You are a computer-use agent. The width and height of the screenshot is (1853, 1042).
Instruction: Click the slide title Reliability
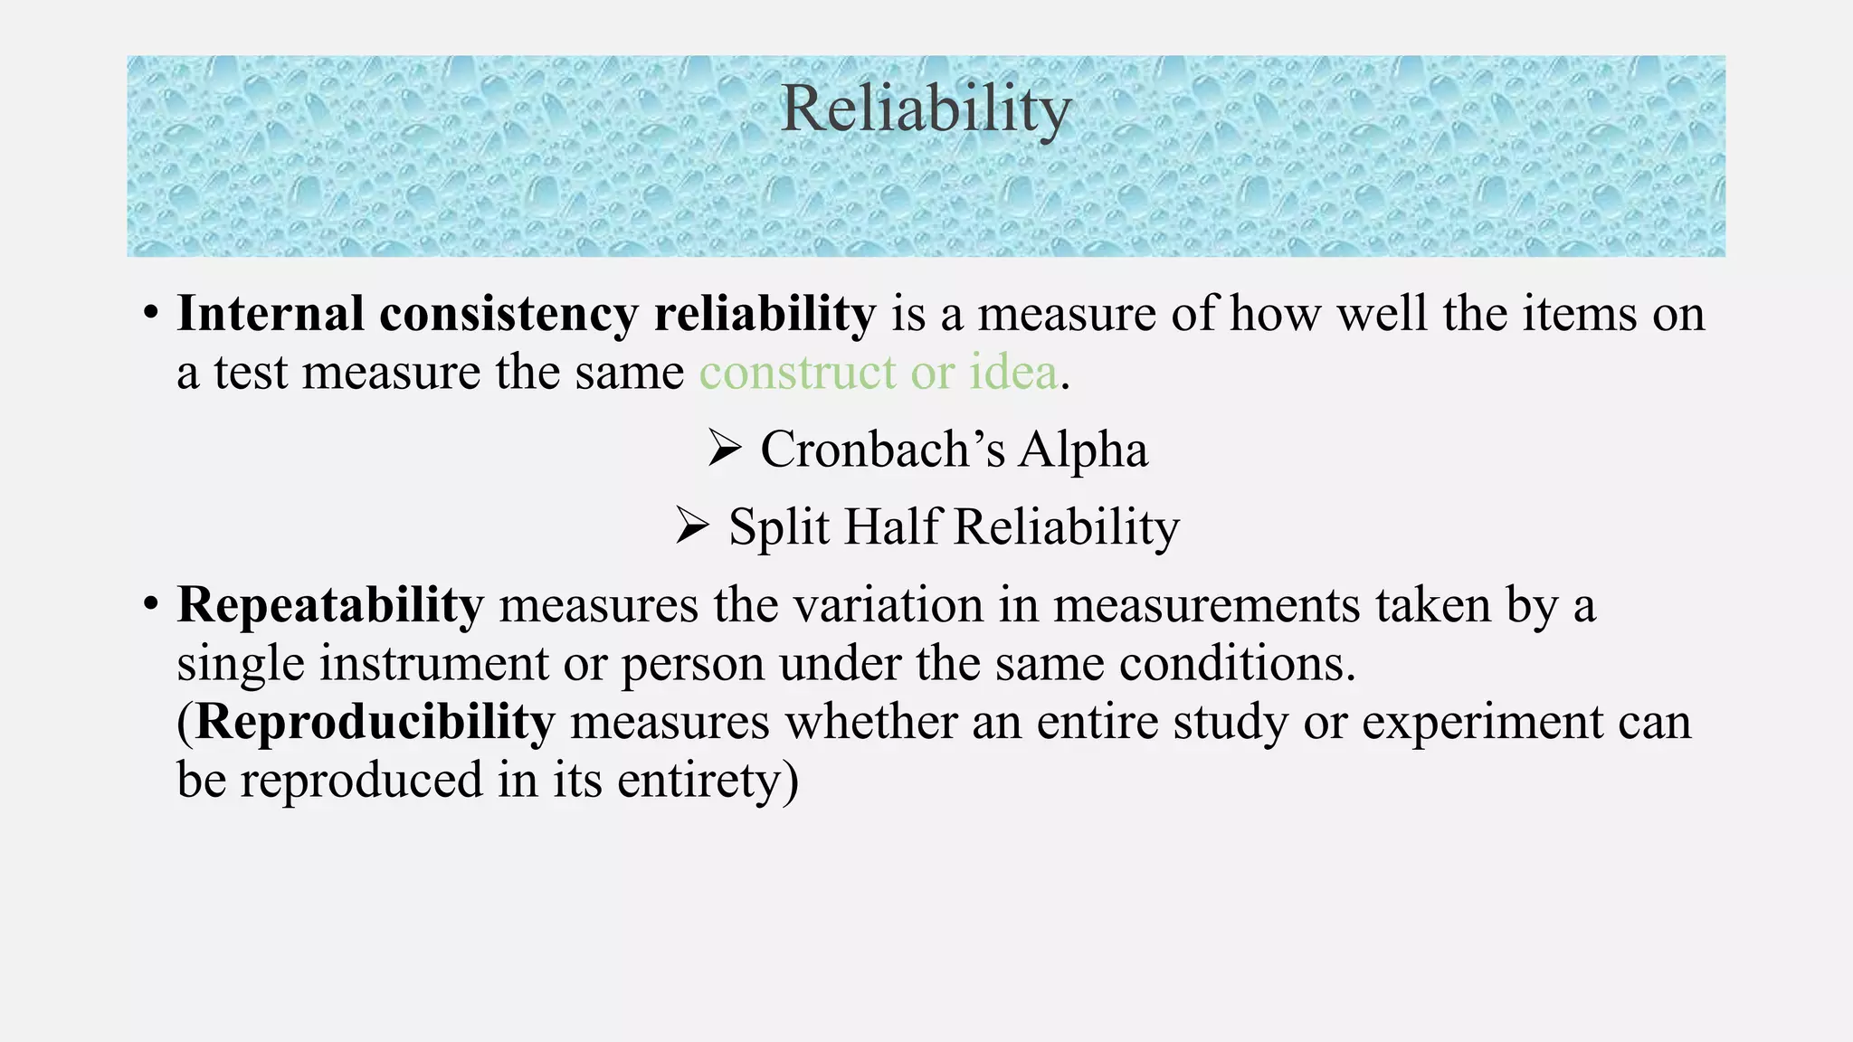926,109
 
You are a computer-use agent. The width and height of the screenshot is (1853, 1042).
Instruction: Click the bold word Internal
270,315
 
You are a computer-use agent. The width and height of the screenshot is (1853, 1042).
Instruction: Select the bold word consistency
508,315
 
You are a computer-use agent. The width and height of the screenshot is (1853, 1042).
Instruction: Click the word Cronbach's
882,450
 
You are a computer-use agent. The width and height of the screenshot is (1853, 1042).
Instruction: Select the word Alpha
1082,450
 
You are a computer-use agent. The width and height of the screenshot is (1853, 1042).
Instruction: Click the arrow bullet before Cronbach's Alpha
725,449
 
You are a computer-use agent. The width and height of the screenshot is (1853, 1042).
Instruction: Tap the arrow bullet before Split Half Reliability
693,526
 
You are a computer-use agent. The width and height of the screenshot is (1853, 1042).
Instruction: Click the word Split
779,526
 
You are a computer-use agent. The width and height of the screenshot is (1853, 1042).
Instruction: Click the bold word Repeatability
330,605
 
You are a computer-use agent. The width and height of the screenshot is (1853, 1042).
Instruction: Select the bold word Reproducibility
375,722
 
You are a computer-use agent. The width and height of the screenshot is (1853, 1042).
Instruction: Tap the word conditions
1237,664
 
